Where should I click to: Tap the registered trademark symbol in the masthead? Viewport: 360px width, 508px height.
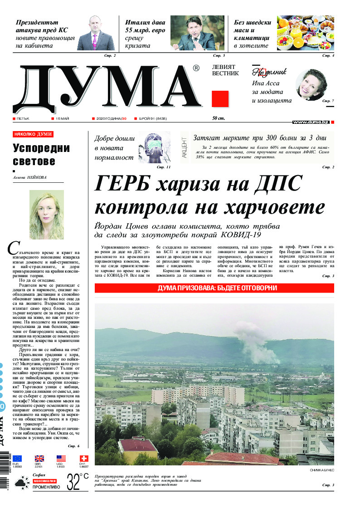[x=196, y=68]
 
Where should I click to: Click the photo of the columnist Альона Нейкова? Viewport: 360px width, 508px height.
[x=47, y=215]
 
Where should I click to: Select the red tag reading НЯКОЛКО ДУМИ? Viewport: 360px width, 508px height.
[x=33, y=134]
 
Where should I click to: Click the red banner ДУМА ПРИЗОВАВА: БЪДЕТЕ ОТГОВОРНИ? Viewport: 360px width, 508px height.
[x=214, y=288]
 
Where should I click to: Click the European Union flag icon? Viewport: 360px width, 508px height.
[x=17, y=459]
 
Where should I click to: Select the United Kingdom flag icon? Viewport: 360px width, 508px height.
[x=39, y=459]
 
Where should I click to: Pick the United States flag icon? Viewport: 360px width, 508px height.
[x=61, y=459]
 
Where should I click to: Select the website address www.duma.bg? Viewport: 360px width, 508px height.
[x=311, y=122]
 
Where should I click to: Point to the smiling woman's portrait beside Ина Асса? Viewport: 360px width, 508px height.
[x=311, y=85]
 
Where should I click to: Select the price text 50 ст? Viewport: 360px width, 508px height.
[x=219, y=118]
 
